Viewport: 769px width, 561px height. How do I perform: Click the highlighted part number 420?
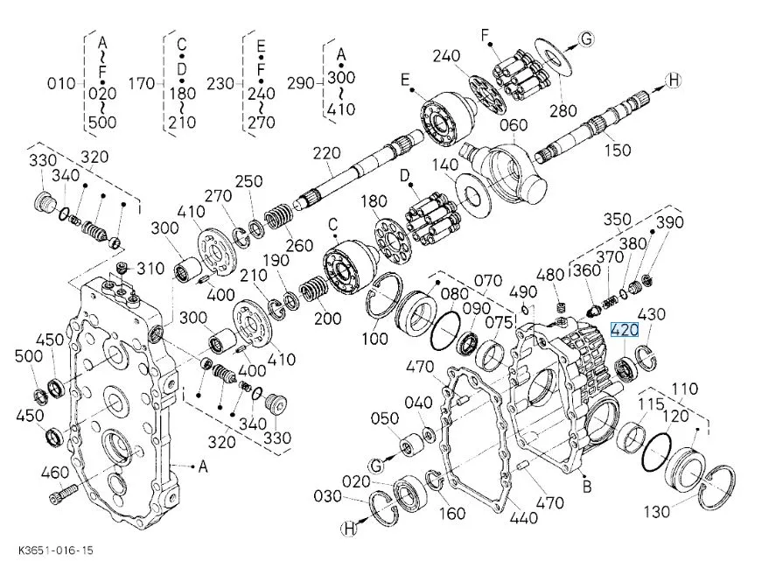[x=625, y=331]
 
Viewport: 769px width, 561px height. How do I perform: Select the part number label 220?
[x=326, y=154]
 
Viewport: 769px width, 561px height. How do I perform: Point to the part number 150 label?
[x=618, y=151]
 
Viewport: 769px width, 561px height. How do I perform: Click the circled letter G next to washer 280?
[x=586, y=39]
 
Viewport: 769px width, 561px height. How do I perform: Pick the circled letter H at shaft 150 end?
[x=672, y=81]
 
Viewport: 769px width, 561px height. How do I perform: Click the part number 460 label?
[x=54, y=473]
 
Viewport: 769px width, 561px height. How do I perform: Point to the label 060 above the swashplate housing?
[x=514, y=124]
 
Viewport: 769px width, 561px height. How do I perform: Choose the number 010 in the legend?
[x=61, y=83]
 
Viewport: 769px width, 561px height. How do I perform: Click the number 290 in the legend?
[x=300, y=83]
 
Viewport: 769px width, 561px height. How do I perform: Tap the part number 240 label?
[x=446, y=56]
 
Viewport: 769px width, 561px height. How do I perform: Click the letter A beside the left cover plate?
[x=203, y=467]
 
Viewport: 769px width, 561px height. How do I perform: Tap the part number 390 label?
[x=670, y=222]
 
